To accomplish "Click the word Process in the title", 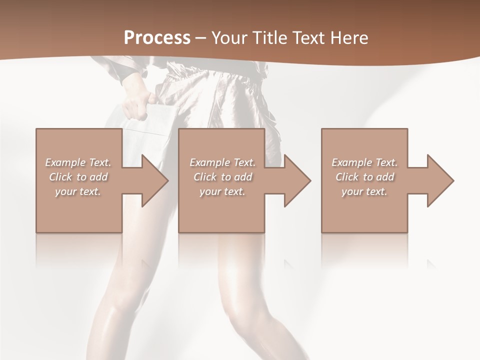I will (x=157, y=37).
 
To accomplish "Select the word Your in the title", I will (x=228, y=37).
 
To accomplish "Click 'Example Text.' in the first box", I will (x=78, y=162).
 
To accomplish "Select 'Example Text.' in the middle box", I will (x=222, y=162).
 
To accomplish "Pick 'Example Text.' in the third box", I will (x=364, y=162).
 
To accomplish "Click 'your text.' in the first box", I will (x=78, y=191).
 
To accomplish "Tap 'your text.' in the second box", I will (x=222, y=191).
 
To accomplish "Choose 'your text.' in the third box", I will (x=364, y=191).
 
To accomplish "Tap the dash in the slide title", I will (x=201, y=38).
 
